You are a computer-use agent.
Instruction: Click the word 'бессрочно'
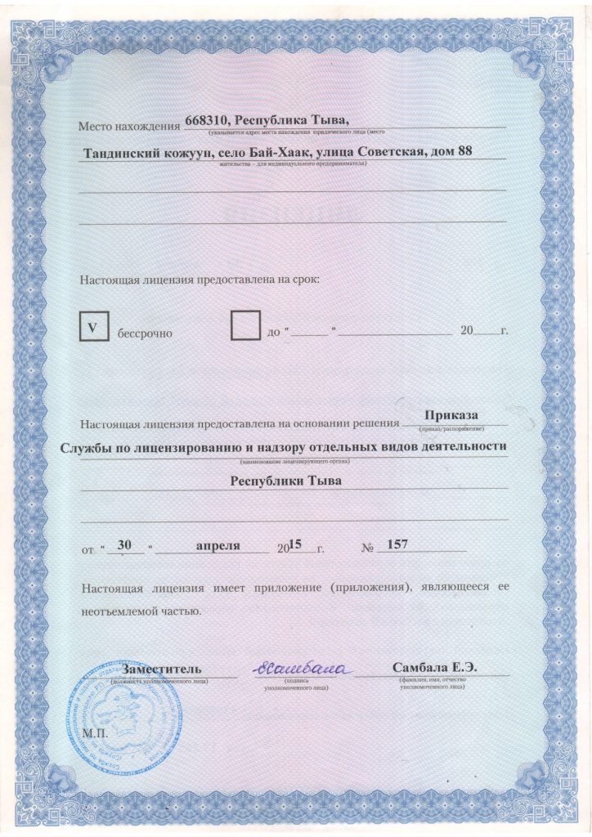point(146,333)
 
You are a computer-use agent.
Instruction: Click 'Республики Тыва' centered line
point(285,481)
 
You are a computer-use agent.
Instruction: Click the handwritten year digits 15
point(296,544)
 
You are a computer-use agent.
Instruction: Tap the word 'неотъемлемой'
point(118,610)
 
